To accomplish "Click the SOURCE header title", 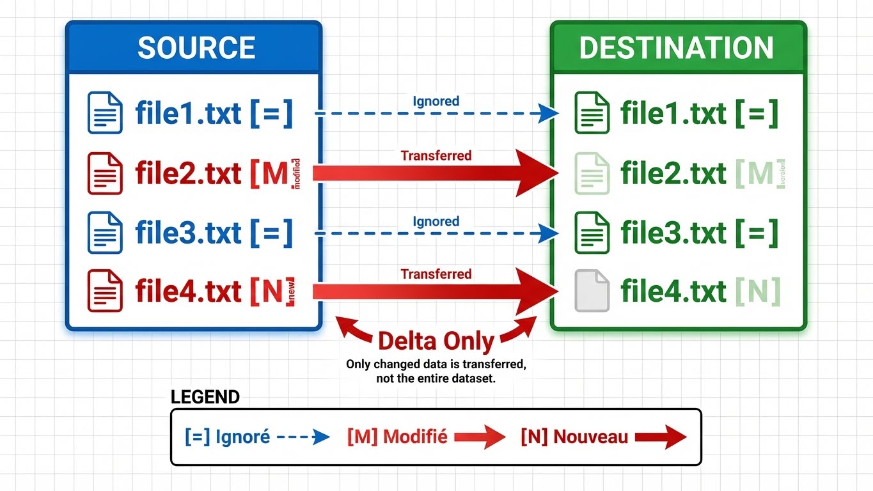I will (x=196, y=48).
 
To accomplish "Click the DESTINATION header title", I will (x=676, y=48).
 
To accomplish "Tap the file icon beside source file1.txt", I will (x=104, y=113).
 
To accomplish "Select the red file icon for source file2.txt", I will (x=104, y=173).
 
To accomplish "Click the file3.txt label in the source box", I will (x=187, y=233).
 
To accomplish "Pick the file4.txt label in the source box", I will (x=187, y=292).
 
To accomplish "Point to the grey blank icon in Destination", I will (x=592, y=292).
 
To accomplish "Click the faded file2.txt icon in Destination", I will (x=592, y=173).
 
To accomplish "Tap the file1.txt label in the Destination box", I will (x=673, y=113).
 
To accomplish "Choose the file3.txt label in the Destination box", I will (x=673, y=233).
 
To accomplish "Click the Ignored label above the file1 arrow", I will (x=436, y=101).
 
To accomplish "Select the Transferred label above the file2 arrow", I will (x=436, y=155).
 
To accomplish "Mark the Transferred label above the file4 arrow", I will (x=436, y=274).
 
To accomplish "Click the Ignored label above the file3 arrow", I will (x=436, y=221).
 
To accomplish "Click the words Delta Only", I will (x=436, y=341).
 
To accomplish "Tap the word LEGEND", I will (x=205, y=397).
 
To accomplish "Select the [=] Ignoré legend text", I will (x=228, y=438).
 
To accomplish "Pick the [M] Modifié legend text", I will (x=397, y=438).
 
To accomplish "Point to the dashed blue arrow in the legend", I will (x=304, y=438).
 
